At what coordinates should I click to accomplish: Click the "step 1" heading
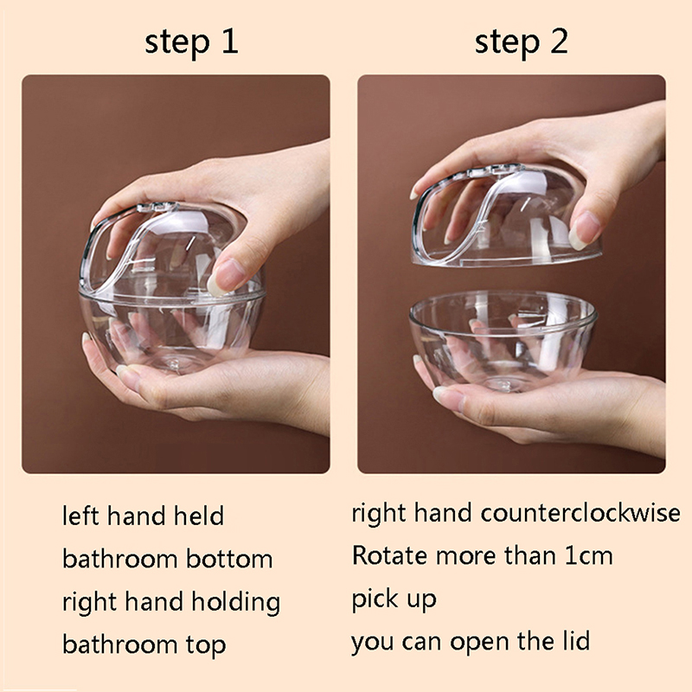[x=191, y=42]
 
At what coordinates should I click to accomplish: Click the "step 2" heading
[x=522, y=42]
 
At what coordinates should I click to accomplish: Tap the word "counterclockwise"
[x=580, y=513]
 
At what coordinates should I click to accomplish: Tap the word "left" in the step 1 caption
[x=80, y=516]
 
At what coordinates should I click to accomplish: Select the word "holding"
[x=235, y=603]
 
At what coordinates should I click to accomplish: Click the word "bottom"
[x=229, y=559]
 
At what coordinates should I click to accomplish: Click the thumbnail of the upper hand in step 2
[x=583, y=230]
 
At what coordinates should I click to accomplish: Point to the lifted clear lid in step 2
[x=506, y=216]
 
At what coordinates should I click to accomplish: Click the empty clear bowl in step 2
[x=503, y=340]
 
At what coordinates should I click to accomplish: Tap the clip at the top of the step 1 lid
[x=157, y=207]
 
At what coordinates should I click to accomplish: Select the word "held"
[x=199, y=516]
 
